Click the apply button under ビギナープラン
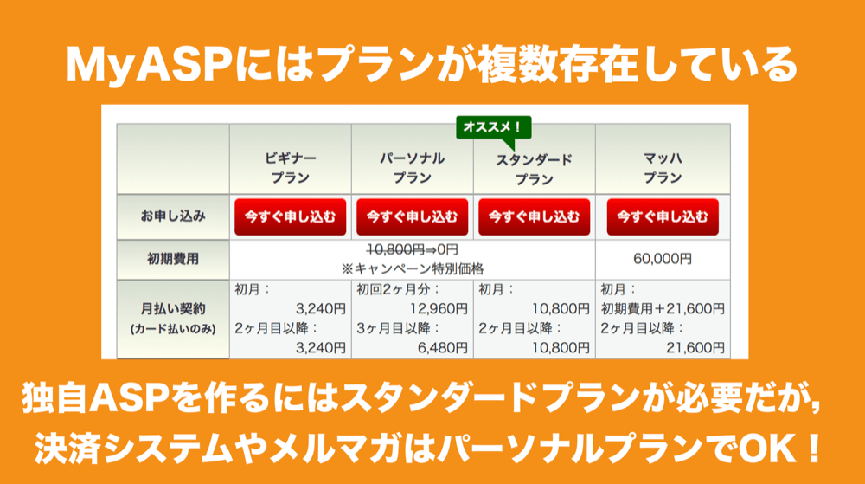click(290, 216)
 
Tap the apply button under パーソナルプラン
click(412, 216)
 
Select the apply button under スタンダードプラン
click(534, 216)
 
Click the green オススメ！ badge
click(494, 128)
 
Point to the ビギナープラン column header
click(290, 168)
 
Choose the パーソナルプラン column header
click(412, 168)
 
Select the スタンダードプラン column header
click(534, 170)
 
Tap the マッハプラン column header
click(663, 168)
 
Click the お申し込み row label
click(173, 216)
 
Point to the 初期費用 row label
click(173, 259)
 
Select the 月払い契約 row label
click(173, 309)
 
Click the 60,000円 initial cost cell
click(663, 259)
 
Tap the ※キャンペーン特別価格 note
click(412, 269)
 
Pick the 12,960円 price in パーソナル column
click(439, 309)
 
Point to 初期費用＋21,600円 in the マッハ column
click(663, 309)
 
